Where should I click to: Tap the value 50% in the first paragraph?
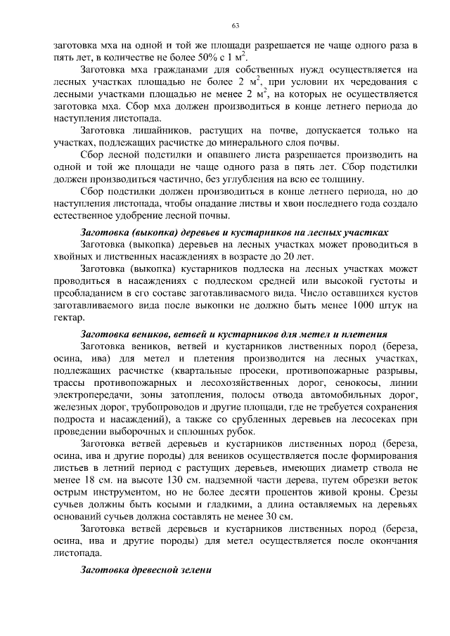208,57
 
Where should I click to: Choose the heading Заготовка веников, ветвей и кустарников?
235,335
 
